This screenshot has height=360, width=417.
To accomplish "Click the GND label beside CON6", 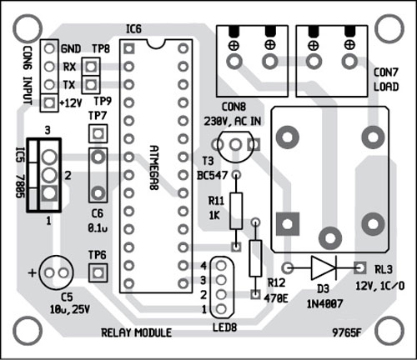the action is [71, 49].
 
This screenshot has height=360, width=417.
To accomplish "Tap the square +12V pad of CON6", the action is [49, 102].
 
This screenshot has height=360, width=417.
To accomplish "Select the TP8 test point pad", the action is [91, 67].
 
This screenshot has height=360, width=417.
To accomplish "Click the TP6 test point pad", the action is [98, 272].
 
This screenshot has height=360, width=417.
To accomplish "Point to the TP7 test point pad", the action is [98, 134].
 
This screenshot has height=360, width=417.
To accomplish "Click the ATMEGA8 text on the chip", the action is [154, 167].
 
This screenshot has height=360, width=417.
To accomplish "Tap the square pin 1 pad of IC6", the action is [128, 49].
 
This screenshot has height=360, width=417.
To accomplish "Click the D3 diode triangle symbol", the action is [324, 268].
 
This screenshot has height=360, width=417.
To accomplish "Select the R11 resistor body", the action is [236, 211].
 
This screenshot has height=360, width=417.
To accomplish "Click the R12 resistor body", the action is [255, 258].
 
